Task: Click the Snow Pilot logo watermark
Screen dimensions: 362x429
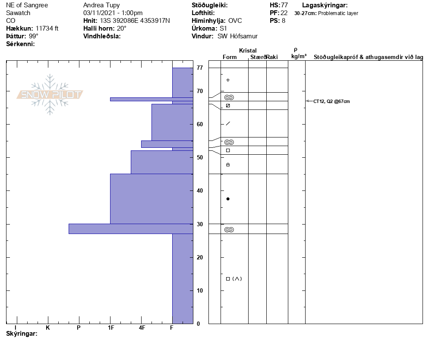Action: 50,94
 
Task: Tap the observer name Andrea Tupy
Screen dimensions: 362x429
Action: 101,5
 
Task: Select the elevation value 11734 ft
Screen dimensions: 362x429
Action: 47,28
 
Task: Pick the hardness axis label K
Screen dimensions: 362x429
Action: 48,328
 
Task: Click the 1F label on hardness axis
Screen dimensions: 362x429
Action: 111,328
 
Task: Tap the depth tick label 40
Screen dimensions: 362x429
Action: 199,191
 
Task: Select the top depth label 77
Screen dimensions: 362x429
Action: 199,68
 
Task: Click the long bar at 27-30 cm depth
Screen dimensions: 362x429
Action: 131,229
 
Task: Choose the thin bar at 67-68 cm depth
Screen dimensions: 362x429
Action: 151,99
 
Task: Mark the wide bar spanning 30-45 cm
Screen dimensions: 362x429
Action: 151,199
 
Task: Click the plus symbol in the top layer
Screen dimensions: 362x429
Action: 228,80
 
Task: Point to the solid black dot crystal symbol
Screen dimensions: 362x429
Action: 228,199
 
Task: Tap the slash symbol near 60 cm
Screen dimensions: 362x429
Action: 228,124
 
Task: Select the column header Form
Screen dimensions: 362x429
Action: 230,57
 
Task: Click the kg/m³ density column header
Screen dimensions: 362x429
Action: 299,56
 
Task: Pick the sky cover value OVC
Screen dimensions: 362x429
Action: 235,21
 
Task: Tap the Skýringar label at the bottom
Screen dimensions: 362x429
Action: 22,334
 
